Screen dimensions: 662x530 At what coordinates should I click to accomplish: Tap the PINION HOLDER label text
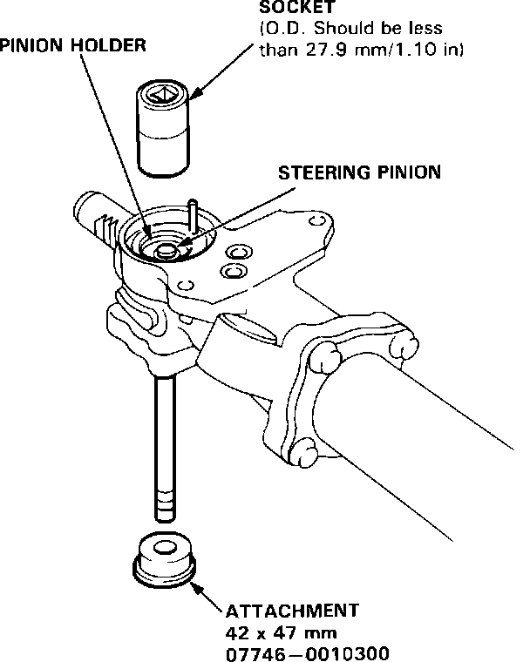click(72, 44)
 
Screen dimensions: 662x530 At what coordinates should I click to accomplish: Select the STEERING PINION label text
click(359, 172)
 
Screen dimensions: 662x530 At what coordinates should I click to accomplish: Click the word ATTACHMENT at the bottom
click(291, 609)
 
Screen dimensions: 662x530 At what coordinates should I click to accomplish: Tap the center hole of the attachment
click(164, 549)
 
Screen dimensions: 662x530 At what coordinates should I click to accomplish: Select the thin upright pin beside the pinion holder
click(191, 218)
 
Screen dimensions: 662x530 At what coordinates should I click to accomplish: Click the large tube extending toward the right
click(436, 409)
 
